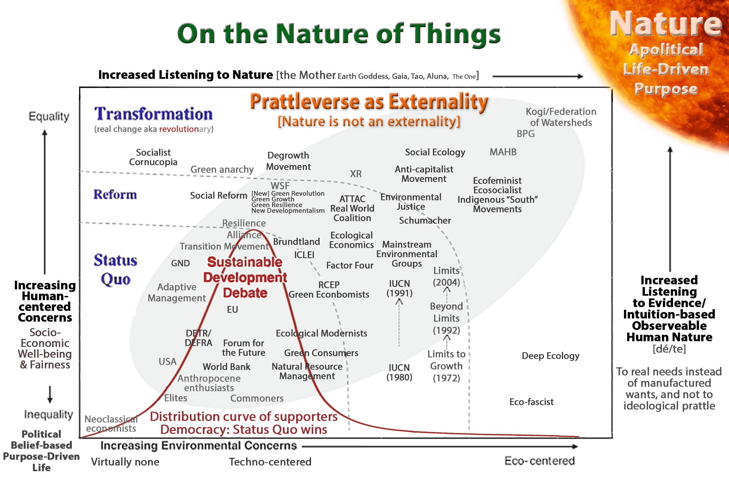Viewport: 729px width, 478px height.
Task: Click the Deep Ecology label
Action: coord(551,356)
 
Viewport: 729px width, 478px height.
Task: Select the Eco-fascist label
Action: coord(532,402)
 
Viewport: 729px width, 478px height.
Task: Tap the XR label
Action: coord(356,174)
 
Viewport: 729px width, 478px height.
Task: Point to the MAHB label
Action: coord(503,152)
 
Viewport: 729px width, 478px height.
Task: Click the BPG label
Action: coord(526,134)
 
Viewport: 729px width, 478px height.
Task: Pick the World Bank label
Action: coord(227,367)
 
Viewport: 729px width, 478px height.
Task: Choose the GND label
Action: coord(180,263)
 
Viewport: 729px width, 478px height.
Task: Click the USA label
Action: coord(167,361)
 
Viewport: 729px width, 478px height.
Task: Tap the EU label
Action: coord(232,309)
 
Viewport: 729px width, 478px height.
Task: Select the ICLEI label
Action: coord(304,255)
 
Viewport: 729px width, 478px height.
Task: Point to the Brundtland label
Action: coord(296,242)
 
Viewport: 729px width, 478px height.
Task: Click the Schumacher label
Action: coord(425,220)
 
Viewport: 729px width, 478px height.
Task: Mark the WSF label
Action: coord(280,186)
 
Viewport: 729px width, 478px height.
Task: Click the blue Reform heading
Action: coord(115,194)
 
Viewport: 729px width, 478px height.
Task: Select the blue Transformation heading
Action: coord(153,114)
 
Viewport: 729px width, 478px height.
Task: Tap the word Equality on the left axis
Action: coord(49,117)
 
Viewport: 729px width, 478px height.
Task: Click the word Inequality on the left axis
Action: coord(49,414)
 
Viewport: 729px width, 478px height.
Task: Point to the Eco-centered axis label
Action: coord(539,461)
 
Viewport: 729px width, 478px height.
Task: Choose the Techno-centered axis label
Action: coord(270,462)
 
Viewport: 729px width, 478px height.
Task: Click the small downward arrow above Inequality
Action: coord(50,394)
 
